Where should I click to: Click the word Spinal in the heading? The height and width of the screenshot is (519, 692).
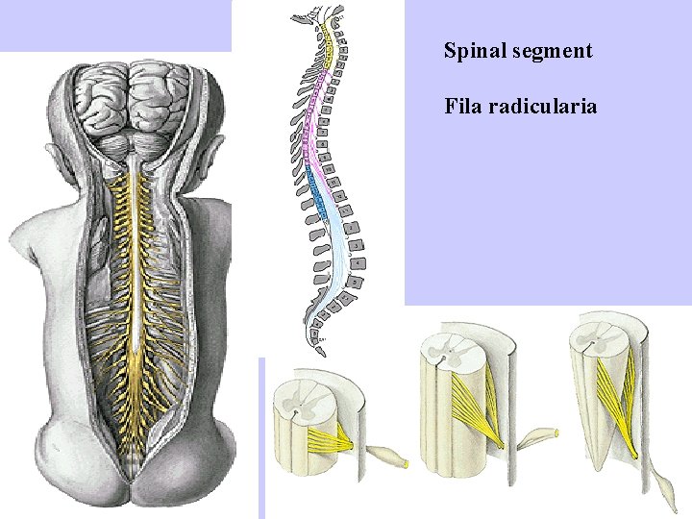(x=467, y=51)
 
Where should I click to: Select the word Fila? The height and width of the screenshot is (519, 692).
(x=462, y=105)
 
